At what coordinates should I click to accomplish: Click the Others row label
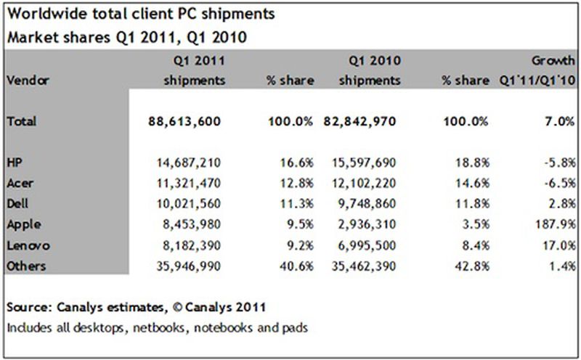25,266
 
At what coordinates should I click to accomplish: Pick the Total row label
21,123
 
